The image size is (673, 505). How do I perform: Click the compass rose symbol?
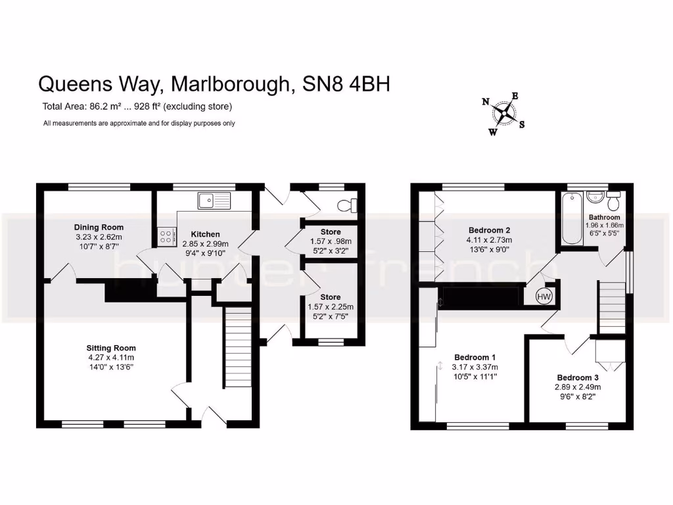tap(504, 114)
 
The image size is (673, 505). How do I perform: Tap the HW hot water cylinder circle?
tap(544, 297)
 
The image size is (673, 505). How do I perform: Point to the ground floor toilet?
tap(347, 205)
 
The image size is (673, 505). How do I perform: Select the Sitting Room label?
tap(111, 348)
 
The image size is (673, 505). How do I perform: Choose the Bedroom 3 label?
tap(578, 377)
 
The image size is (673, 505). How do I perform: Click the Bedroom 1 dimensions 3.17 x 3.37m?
tap(476, 367)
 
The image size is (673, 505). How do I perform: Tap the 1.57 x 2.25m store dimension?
tap(331, 307)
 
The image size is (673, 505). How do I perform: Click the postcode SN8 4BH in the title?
tap(346, 84)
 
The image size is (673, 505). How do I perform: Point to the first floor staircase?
tap(612, 306)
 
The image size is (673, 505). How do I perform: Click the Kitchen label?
tap(205, 234)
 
